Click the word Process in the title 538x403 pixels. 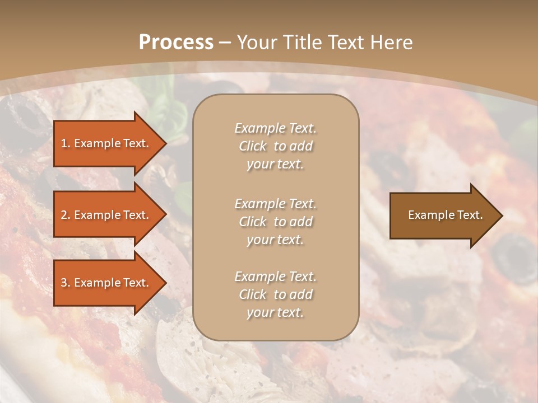(176, 42)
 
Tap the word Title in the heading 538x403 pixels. (304, 43)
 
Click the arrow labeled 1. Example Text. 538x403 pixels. (106, 143)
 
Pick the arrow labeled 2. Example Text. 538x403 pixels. (106, 215)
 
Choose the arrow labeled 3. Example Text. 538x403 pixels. (106, 283)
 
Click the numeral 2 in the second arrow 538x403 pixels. (64, 215)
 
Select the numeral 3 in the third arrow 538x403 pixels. (64, 283)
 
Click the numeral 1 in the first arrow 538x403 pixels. (64, 143)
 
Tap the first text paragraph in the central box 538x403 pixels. (275, 146)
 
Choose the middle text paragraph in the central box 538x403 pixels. (275, 222)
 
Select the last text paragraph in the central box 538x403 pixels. (275, 294)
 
